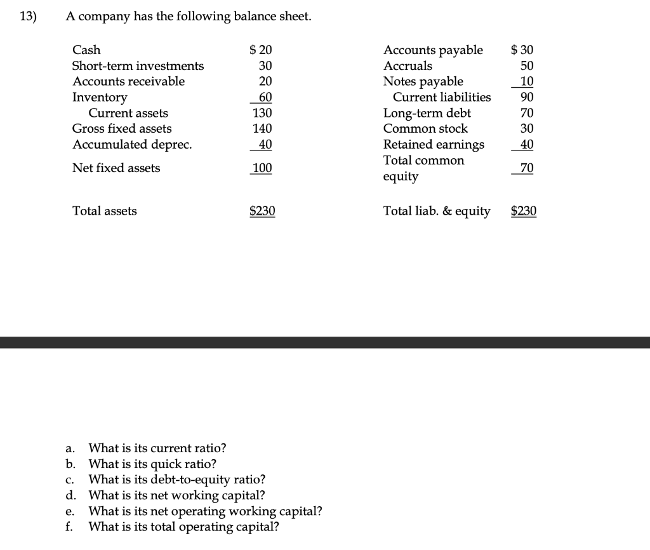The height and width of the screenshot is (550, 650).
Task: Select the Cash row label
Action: click(x=86, y=50)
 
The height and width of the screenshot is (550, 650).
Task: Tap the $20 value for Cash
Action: click(x=261, y=50)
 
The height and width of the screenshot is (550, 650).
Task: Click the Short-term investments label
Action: click(x=138, y=66)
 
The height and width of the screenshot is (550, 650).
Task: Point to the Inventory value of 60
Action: click(x=265, y=97)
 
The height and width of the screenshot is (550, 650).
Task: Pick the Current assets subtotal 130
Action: click(x=262, y=113)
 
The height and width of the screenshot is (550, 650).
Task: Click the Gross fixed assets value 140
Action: click(x=262, y=129)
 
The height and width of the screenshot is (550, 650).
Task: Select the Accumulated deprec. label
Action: click(x=132, y=144)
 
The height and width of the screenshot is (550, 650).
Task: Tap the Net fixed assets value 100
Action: click(x=262, y=168)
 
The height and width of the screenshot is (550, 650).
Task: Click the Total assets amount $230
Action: click(x=262, y=211)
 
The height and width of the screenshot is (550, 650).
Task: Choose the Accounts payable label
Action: click(x=433, y=50)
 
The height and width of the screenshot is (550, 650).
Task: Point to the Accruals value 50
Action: click(x=527, y=66)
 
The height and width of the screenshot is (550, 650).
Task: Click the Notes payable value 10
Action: click(x=527, y=81)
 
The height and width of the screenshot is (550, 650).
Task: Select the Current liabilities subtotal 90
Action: click(x=527, y=97)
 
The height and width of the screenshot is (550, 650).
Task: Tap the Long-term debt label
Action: click(x=427, y=113)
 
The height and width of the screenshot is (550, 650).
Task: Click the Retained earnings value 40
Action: click(x=527, y=144)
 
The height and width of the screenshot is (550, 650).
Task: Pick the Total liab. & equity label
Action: click(x=437, y=211)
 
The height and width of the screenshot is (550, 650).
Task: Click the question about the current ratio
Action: click(x=157, y=448)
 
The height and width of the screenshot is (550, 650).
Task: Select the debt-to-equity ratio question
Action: click(x=177, y=480)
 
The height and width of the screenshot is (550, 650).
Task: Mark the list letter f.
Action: click(x=70, y=527)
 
